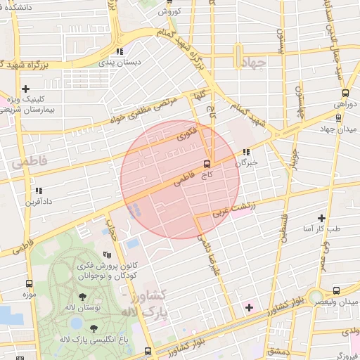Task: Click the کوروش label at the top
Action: (x=171, y=11)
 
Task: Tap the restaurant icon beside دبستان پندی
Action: (x=121, y=51)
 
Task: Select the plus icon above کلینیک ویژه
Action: (x=26, y=89)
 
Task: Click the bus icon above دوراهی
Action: (x=345, y=92)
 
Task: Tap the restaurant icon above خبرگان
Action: (x=245, y=152)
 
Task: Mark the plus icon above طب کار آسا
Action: (x=321, y=219)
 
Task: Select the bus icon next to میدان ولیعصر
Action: (x=335, y=290)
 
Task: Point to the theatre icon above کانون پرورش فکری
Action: (x=107, y=255)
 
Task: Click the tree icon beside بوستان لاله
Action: (x=82, y=297)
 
